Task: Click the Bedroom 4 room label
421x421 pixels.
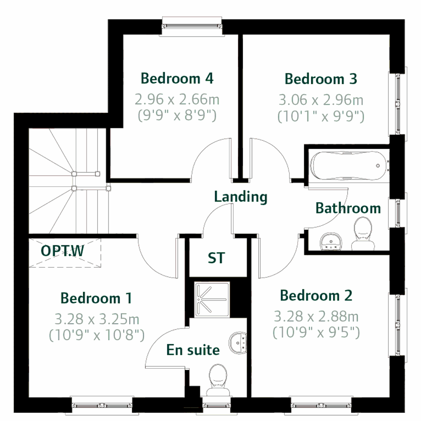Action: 177,78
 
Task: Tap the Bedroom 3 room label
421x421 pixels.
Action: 321,79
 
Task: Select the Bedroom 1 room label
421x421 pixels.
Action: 96,298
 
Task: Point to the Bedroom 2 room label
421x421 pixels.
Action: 316,296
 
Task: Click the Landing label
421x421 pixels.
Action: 241,197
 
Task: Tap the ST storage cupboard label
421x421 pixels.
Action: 216,258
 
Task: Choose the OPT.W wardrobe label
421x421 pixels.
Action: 63,251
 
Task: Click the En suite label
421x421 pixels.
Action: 193,350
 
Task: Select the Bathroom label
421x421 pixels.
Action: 348,208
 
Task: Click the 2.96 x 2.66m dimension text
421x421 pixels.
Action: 177,100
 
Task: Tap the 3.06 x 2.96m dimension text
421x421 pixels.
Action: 321,100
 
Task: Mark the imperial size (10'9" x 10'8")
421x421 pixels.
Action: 96,335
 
